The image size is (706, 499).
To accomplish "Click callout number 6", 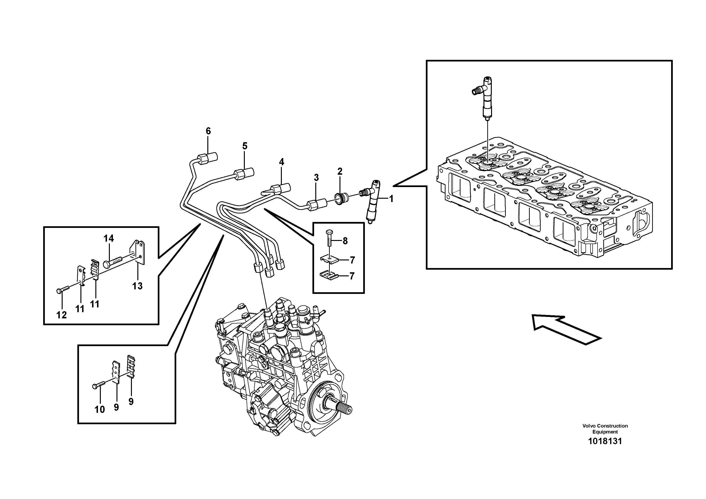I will click(x=208, y=131).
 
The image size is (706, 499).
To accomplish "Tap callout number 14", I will click(x=109, y=238).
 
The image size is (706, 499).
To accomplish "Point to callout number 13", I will click(x=137, y=286).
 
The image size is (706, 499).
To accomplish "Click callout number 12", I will click(x=61, y=315).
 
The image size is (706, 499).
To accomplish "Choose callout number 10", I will click(x=100, y=410).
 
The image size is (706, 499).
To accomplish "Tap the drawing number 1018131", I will click(x=605, y=441).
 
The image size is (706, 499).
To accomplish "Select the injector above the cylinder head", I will click(x=488, y=97).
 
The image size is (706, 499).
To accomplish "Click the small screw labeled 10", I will click(x=99, y=385).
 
